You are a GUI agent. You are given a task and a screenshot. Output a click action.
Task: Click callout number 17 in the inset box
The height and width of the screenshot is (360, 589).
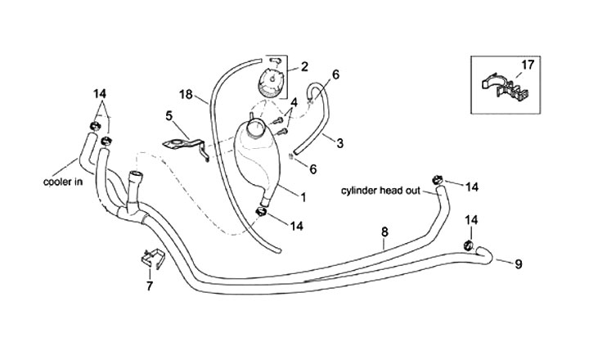pyautogui.click(x=527, y=63)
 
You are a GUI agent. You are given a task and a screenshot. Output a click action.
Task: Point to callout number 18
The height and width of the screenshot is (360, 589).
pyautogui.click(x=187, y=95)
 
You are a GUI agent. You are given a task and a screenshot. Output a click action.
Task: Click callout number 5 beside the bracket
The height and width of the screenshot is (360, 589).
pyautogui.click(x=169, y=115)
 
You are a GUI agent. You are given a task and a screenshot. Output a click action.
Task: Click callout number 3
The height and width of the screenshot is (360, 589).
pyautogui.click(x=338, y=142)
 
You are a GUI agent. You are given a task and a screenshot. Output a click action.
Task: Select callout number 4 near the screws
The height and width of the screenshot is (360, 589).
pyautogui.click(x=293, y=101)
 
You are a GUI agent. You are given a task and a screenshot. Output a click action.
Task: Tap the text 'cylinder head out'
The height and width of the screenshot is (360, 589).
pyautogui.click(x=381, y=191)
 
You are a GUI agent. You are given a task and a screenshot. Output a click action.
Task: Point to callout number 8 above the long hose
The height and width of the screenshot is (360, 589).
pyautogui.click(x=384, y=232)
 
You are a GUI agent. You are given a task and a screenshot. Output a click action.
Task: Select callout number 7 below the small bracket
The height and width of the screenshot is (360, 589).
pyautogui.click(x=149, y=286)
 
